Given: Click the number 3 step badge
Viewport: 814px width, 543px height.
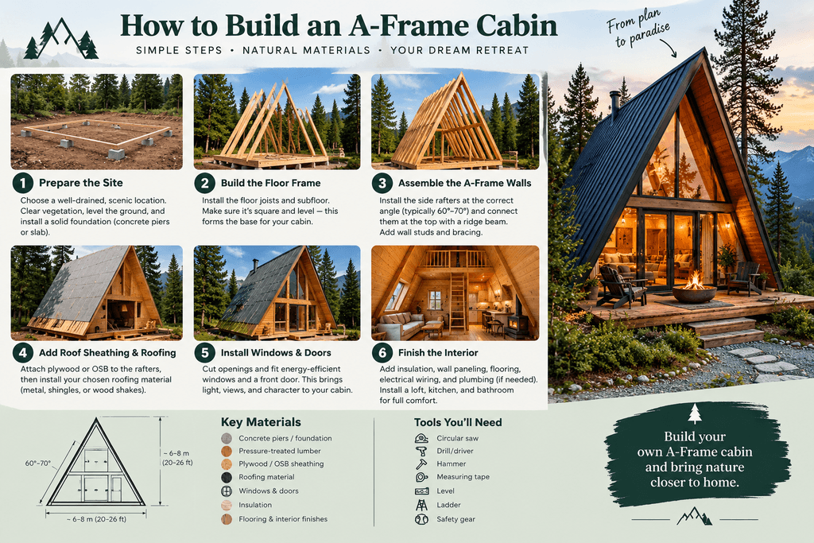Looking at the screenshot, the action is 382,183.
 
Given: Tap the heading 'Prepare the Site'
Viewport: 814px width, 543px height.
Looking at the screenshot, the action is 81,183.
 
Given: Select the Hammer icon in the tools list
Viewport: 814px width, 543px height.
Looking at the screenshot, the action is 421,463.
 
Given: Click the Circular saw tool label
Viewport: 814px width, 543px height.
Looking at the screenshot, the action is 457,438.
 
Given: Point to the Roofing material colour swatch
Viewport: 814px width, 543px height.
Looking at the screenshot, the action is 227,477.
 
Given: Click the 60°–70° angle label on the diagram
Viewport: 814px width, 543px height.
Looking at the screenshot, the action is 38,463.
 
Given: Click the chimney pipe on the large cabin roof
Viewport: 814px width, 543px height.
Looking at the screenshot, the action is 614,105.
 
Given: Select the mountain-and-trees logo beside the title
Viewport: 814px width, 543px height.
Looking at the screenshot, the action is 61,39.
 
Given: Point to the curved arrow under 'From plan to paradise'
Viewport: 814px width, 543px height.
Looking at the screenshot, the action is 668,48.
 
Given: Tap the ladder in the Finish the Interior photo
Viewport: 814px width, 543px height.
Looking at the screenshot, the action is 457,301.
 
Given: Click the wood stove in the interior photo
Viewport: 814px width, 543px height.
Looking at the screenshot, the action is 517,323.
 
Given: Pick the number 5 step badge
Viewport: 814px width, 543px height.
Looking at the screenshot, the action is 204,352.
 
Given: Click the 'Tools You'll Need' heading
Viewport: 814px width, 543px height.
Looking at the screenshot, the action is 458,422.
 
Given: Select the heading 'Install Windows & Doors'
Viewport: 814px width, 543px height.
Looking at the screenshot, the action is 276,352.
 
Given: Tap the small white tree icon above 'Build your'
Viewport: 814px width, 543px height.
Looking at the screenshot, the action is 695,413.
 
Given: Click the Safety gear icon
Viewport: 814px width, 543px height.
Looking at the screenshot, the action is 421,518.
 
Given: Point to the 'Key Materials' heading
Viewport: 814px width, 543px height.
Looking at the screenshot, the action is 261,422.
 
